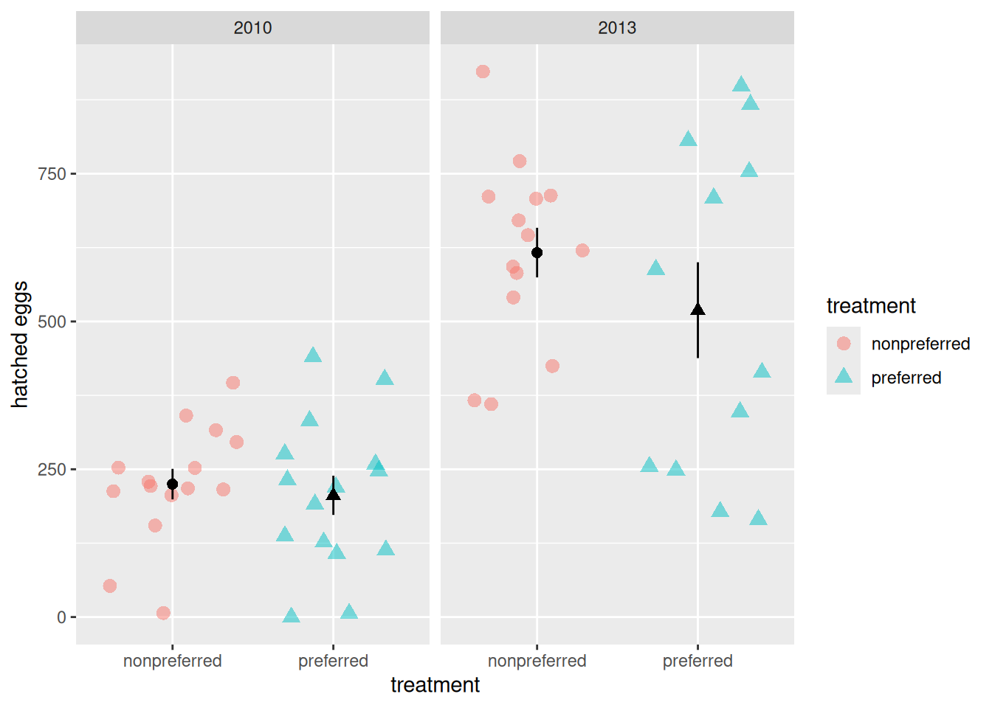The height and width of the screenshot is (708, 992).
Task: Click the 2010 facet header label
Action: (252, 28)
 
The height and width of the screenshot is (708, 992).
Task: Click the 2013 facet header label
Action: (616, 28)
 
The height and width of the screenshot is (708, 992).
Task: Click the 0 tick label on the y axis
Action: (61, 617)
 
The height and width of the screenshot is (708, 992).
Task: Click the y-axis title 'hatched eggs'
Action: (20, 344)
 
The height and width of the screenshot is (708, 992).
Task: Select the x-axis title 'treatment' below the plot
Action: (435, 685)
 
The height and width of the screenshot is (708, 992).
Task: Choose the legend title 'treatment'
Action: (871, 306)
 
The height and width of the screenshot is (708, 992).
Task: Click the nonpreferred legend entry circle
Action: (844, 344)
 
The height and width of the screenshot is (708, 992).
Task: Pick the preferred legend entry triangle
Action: (844, 377)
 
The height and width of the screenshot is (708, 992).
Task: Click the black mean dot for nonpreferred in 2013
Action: (537, 253)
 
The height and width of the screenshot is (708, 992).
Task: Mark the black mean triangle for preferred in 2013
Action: (697, 310)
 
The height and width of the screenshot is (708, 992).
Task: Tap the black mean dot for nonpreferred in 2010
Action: (172, 485)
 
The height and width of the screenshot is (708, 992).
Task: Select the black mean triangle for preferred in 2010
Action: (333, 495)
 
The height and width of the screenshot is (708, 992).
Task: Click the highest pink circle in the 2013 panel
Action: (483, 72)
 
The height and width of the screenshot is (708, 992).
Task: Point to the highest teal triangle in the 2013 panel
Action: (741, 85)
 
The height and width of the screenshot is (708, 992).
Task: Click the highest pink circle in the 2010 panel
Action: (232, 383)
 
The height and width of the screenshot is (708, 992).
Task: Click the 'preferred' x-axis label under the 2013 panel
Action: (697, 661)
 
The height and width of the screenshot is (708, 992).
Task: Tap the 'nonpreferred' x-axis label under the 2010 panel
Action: (172, 661)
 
